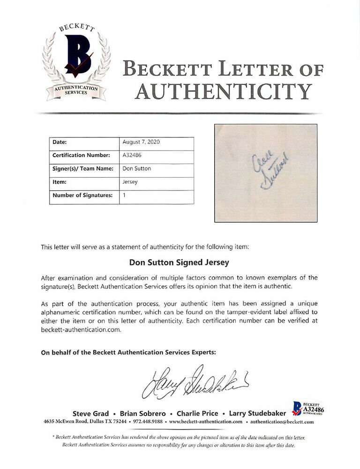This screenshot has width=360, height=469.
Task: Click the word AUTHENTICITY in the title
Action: pos(223,90)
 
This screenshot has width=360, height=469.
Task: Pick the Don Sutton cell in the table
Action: pos(136,169)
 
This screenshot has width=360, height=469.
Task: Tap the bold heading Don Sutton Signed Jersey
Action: pos(180,263)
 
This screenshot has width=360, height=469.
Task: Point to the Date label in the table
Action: pos(60,142)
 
